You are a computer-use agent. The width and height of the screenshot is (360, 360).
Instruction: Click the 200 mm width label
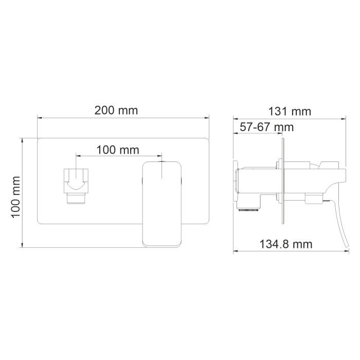[x=116, y=110]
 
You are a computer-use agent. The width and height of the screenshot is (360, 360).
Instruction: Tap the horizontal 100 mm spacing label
[x=118, y=150]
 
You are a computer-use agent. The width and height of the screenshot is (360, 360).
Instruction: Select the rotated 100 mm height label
[x=15, y=195]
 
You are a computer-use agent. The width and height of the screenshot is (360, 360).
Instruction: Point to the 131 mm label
[x=290, y=111]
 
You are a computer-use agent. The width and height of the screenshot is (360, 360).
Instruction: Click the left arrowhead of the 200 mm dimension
[x=38, y=118]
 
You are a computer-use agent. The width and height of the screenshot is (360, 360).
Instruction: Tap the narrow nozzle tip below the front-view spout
[x=76, y=197]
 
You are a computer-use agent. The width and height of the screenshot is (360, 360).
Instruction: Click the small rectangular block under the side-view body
[x=312, y=199]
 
